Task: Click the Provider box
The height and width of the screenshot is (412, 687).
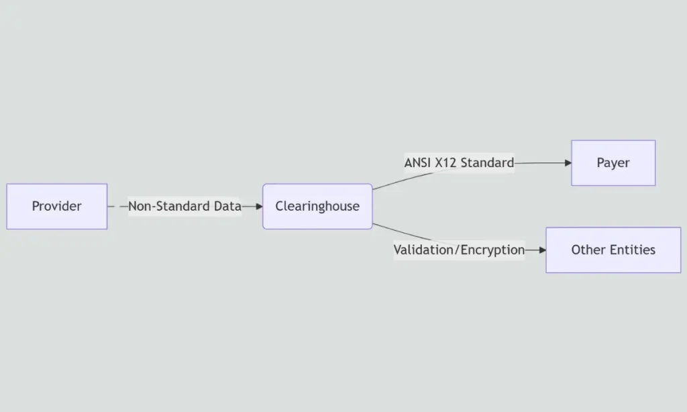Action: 57,207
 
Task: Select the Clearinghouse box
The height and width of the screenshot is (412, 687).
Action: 317,207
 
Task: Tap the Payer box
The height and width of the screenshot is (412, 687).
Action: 613,163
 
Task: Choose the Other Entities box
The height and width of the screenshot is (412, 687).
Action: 613,250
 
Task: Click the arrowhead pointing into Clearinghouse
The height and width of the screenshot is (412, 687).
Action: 259,207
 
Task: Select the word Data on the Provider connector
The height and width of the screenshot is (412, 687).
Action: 227,207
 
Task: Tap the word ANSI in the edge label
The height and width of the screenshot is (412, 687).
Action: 417,163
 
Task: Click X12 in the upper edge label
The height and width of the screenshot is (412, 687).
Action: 445,163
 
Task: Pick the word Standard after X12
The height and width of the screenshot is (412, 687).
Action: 487,163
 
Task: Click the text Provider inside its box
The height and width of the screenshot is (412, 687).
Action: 57,207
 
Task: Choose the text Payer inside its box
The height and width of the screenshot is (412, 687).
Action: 613,163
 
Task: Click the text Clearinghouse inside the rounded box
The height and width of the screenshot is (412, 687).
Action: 317,207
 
